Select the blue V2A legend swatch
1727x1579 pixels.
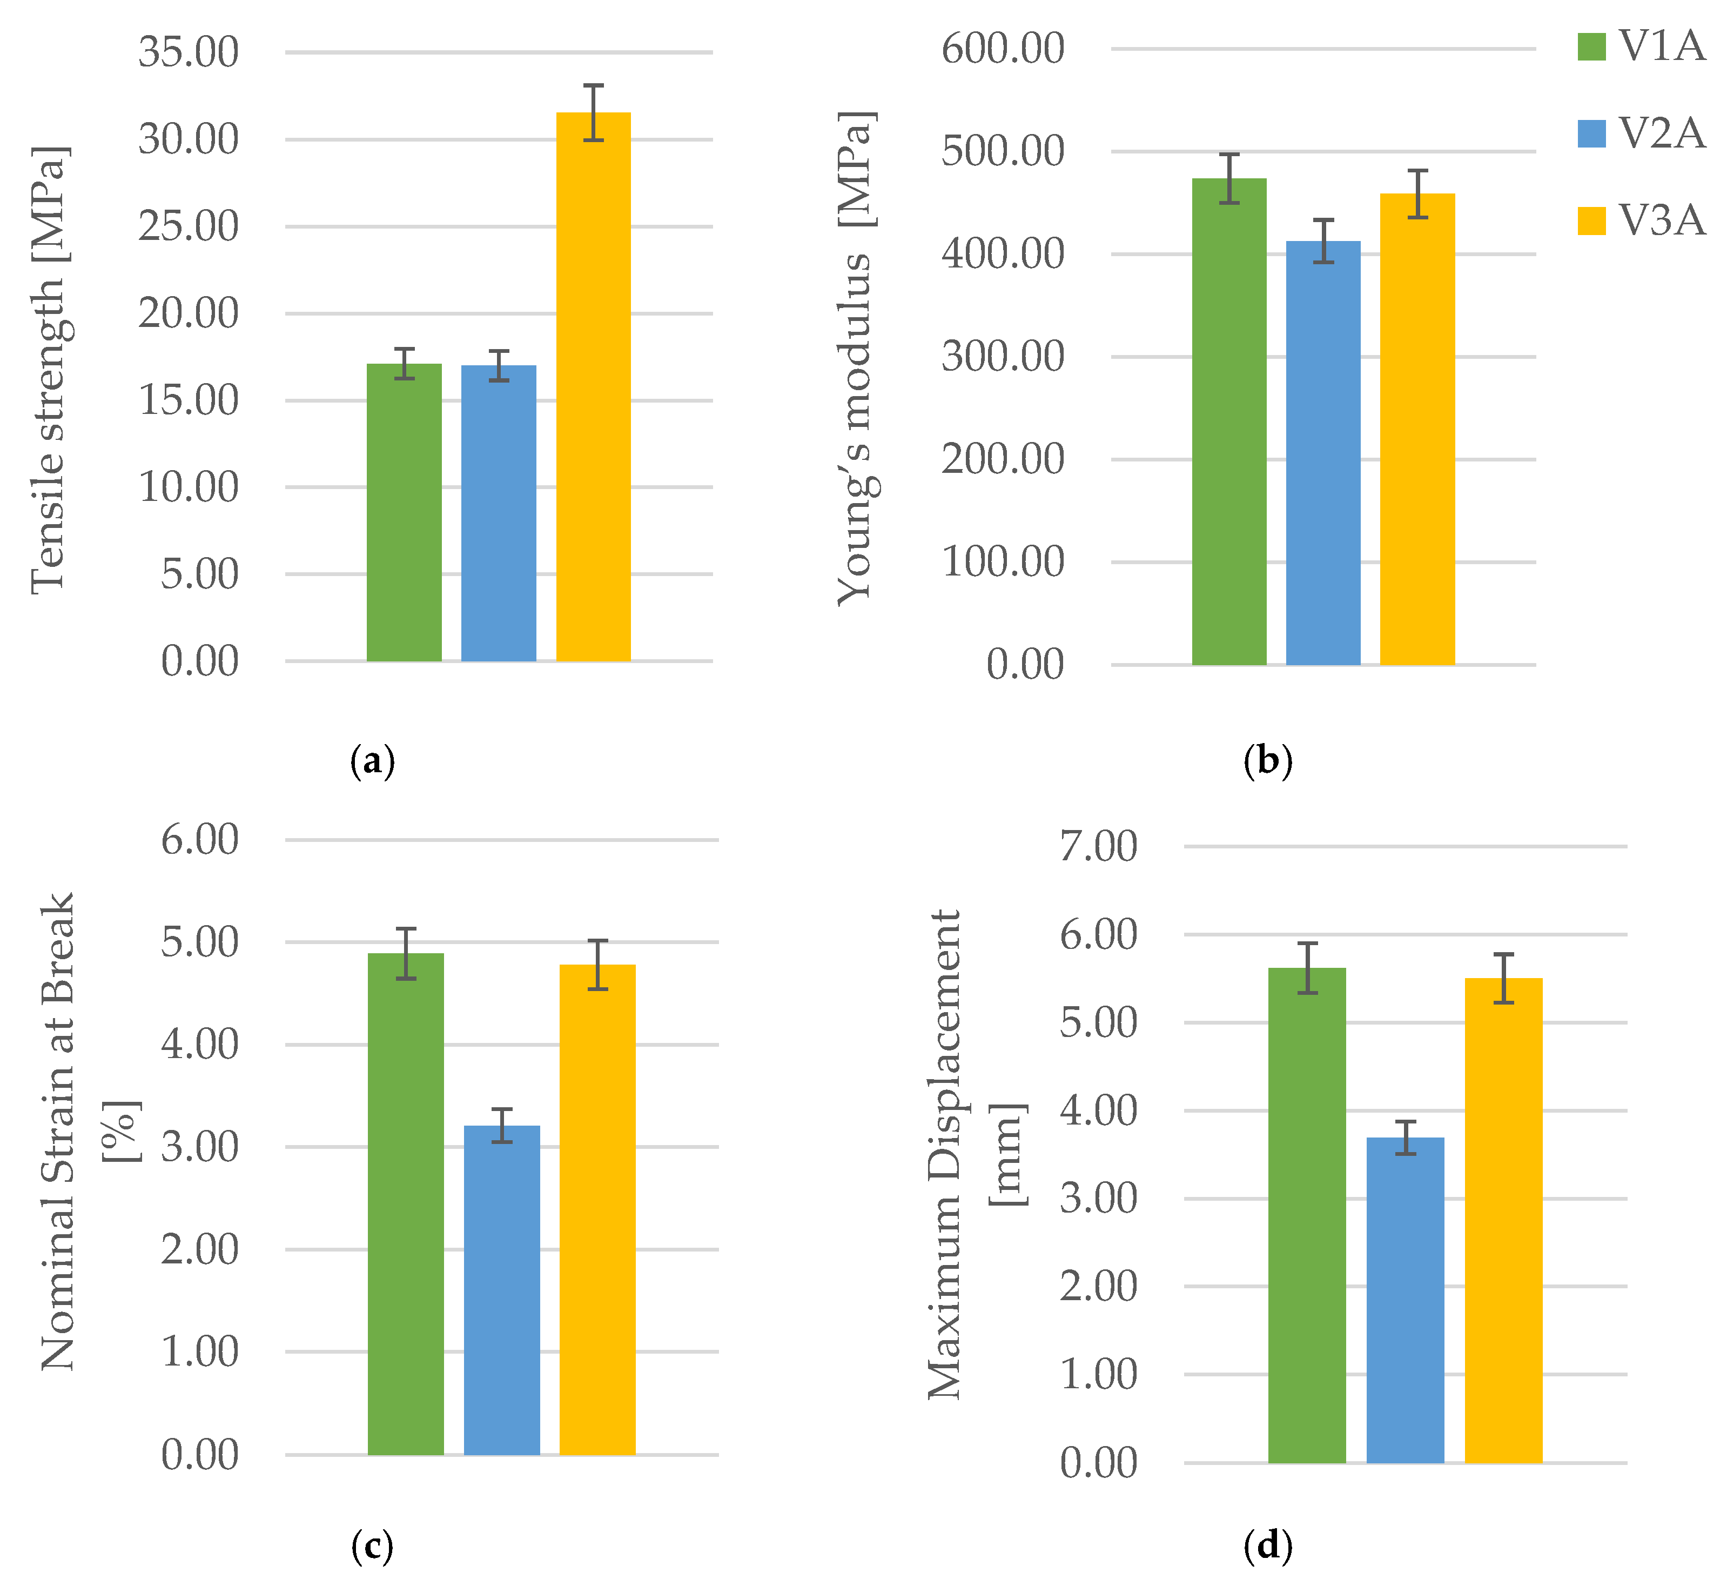[x=1591, y=133]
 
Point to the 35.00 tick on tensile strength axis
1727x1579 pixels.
[x=189, y=52]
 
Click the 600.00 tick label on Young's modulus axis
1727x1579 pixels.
[x=1002, y=48]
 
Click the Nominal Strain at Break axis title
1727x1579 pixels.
[x=58, y=1131]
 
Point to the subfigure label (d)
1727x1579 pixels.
[x=1267, y=1545]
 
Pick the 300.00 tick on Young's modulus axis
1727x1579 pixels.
[x=1002, y=357]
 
